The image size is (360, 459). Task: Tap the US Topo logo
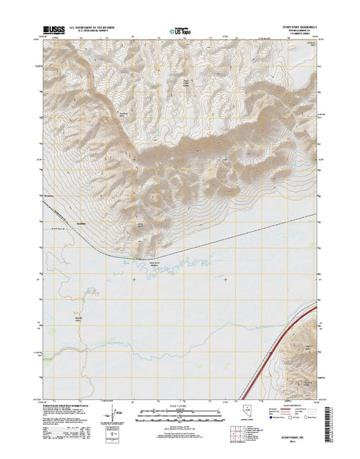177,32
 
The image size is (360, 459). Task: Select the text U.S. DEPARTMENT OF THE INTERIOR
95,27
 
